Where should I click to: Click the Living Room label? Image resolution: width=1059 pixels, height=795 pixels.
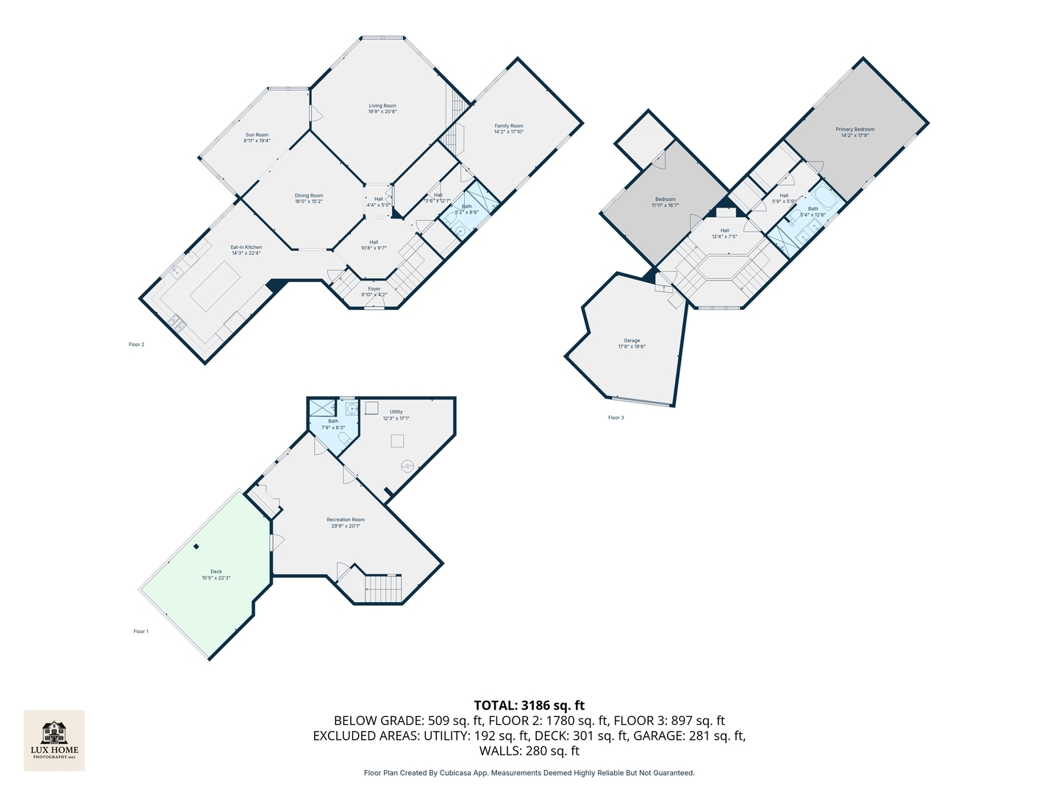pos(382,109)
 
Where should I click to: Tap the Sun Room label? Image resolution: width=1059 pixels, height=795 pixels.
pos(257,138)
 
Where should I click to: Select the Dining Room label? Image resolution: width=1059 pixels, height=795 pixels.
pos(309,198)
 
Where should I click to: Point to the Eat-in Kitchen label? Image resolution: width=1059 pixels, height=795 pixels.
pos(246,250)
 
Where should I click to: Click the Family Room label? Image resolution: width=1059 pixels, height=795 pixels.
pos(508,129)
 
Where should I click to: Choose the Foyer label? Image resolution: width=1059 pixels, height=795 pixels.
pos(374,291)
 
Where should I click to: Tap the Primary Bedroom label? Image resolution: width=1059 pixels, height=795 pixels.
pos(855,132)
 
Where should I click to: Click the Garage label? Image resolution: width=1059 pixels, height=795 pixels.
pos(632,343)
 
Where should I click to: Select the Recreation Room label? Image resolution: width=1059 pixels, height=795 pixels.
pos(346,523)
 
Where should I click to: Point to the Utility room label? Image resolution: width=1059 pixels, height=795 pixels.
pos(396,415)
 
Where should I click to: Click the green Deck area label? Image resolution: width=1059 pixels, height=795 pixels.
pos(216,574)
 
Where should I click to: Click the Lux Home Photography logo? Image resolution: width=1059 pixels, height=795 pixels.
pos(54,740)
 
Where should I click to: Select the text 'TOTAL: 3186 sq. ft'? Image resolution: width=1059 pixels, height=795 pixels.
pos(529,705)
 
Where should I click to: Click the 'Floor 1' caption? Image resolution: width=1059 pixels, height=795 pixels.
pos(140,632)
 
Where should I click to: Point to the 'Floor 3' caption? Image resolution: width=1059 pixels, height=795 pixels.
pos(616,418)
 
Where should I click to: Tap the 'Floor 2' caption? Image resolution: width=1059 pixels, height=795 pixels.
pos(136,344)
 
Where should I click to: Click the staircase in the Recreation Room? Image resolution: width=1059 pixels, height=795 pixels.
pos(383,588)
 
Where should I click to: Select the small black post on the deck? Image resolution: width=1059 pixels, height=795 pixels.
pos(196,546)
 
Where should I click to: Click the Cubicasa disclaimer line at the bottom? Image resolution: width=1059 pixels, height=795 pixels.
pos(529,773)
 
